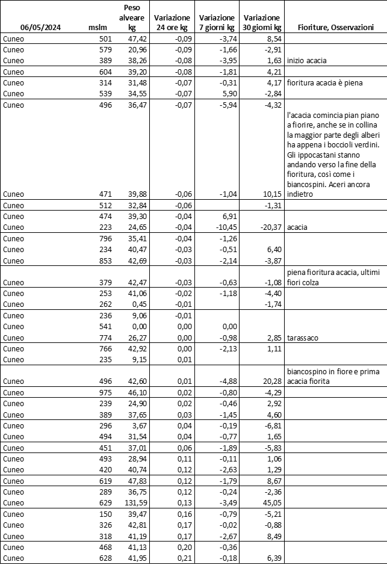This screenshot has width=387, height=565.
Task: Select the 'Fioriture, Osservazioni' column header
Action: click(x=335, y=28)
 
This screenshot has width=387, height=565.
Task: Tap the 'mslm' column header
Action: click(x=97, y=28)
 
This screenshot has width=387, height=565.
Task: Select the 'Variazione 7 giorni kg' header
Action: click(x=217, y=23)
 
